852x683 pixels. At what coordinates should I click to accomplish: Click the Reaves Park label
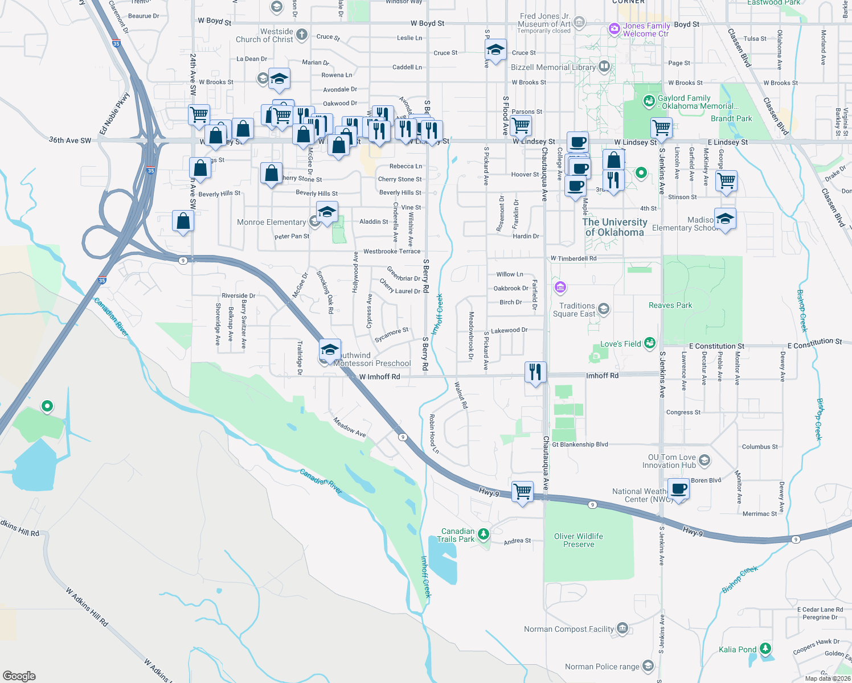[x=670, y=306]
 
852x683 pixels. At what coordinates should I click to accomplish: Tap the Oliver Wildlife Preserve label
[x=578, y=540]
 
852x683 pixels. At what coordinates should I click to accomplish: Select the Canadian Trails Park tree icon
[x=484, y=534]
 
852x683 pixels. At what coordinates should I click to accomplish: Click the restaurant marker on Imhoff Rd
[x=535, y=372]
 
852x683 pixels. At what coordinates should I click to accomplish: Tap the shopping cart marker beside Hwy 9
[x=522, y=491]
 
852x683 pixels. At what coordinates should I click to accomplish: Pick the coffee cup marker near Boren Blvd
[x=679, y=489]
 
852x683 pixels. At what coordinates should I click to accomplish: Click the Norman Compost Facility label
[x=569, y=629]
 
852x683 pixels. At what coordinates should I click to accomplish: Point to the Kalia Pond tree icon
[x=766, y=649]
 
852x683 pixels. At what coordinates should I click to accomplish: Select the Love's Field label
[x=620, y=344]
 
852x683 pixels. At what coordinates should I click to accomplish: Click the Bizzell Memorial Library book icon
[x=604, y=67]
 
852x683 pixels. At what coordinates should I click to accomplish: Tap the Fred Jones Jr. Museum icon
[x=579, y=23]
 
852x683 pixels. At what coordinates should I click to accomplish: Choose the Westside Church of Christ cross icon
[x=301, y=35]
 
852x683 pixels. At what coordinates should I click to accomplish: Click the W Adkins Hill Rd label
[x=87, y=607]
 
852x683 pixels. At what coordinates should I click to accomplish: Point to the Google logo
[x=19, y=676]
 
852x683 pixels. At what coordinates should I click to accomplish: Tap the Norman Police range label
[x=602, y=666]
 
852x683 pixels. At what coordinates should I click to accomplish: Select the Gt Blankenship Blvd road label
[x=580, y=445]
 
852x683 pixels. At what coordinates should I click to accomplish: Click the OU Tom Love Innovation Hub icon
[x=704, y=460]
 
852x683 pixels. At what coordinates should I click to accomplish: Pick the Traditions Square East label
[x=574, y=310]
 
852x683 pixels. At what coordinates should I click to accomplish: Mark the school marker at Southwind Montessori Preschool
[x=330, y=349]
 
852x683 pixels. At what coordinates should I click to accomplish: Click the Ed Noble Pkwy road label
[x=114, y=114]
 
